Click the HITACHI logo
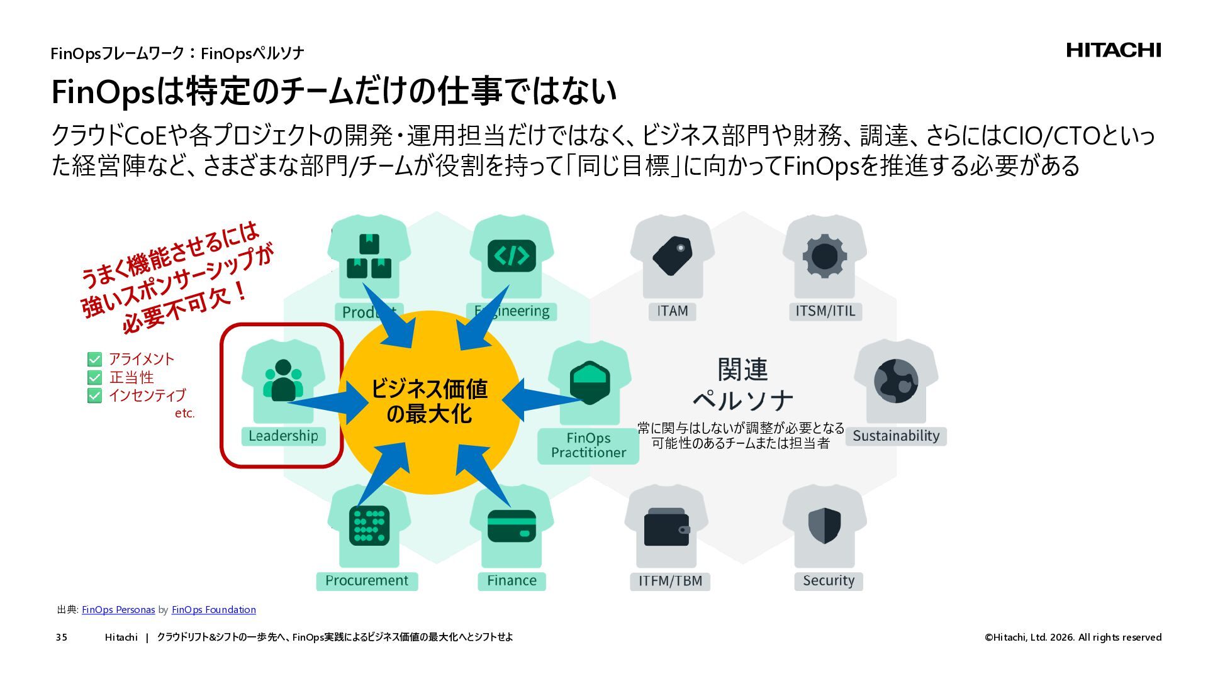(x=1113, y=50)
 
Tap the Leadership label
(x=283, y=436)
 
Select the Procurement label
(x=367, y=581)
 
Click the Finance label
(x=512, y=581)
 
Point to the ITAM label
(x=672, y=311)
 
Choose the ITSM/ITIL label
(x=825, y=311)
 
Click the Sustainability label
(x=896, y=436)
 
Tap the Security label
(x=828, y=581)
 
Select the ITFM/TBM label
(x=670, y=581)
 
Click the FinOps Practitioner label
(x=588, y=446)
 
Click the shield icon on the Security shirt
(x=824, y=526)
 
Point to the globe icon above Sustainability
(x=896, y=381)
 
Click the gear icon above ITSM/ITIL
(x=824, y=257)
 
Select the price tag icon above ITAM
(x=672, y=255)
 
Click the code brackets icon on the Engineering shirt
(x=512, y=256)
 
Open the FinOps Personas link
(x=118, y=610)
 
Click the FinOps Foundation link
(x=214, y=610)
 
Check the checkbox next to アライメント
(x=94, y=360)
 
